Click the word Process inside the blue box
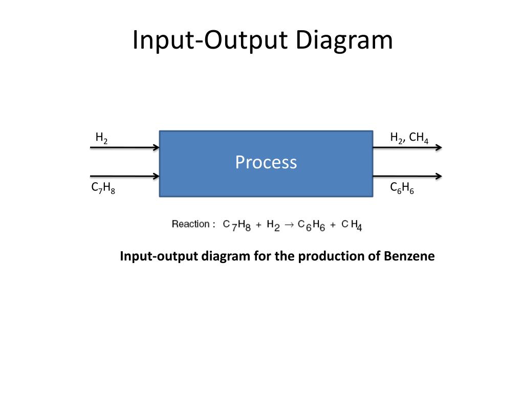(x=266, y=162)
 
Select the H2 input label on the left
(x=101, y=138)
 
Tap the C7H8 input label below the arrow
(x=103, y=188)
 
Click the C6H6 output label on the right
(x=402, y=188)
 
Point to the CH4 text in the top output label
(x=419, y=138)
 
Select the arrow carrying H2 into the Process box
(x=125, y=148)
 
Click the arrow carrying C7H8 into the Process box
(x=125, y=177)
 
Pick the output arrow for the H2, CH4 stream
(x=407, y=148)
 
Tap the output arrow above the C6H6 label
(x=407, y=177)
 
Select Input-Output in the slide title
(x=205, y=40)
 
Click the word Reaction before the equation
(x=190, y=224)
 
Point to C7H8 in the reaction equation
(x=236, y=225)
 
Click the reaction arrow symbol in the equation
(x=289, y=225)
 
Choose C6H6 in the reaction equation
(x=311, y=225)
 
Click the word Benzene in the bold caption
(x=408, y=256)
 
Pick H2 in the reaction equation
(x=273, y=225)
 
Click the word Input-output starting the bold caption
(x=159, y=256)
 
